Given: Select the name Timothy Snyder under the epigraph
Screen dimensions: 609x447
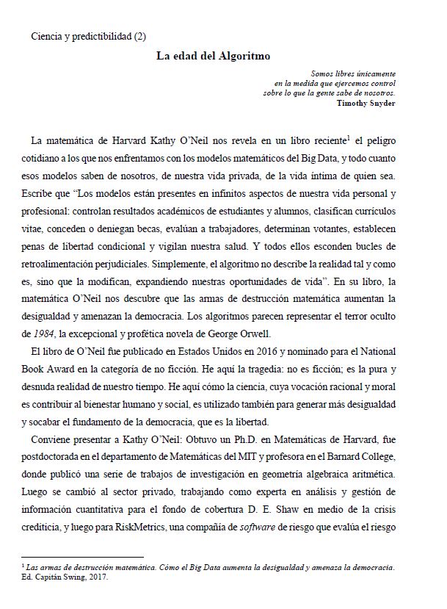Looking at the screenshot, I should pos(366,103).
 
